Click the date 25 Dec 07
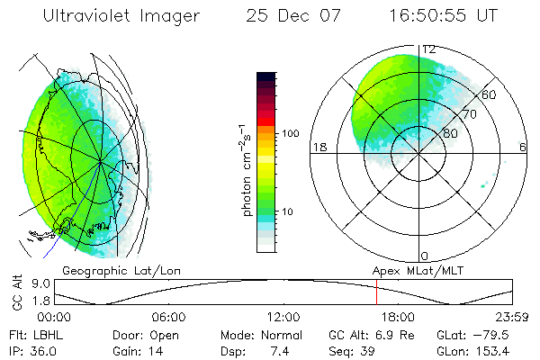pos(283,15)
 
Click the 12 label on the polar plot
pos(429,49)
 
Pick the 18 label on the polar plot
pos(318,147)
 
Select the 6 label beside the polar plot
pos(523,147)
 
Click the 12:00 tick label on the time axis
pos(283,316)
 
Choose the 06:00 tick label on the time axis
pos(168,316)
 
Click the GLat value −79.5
pos(494,334)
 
